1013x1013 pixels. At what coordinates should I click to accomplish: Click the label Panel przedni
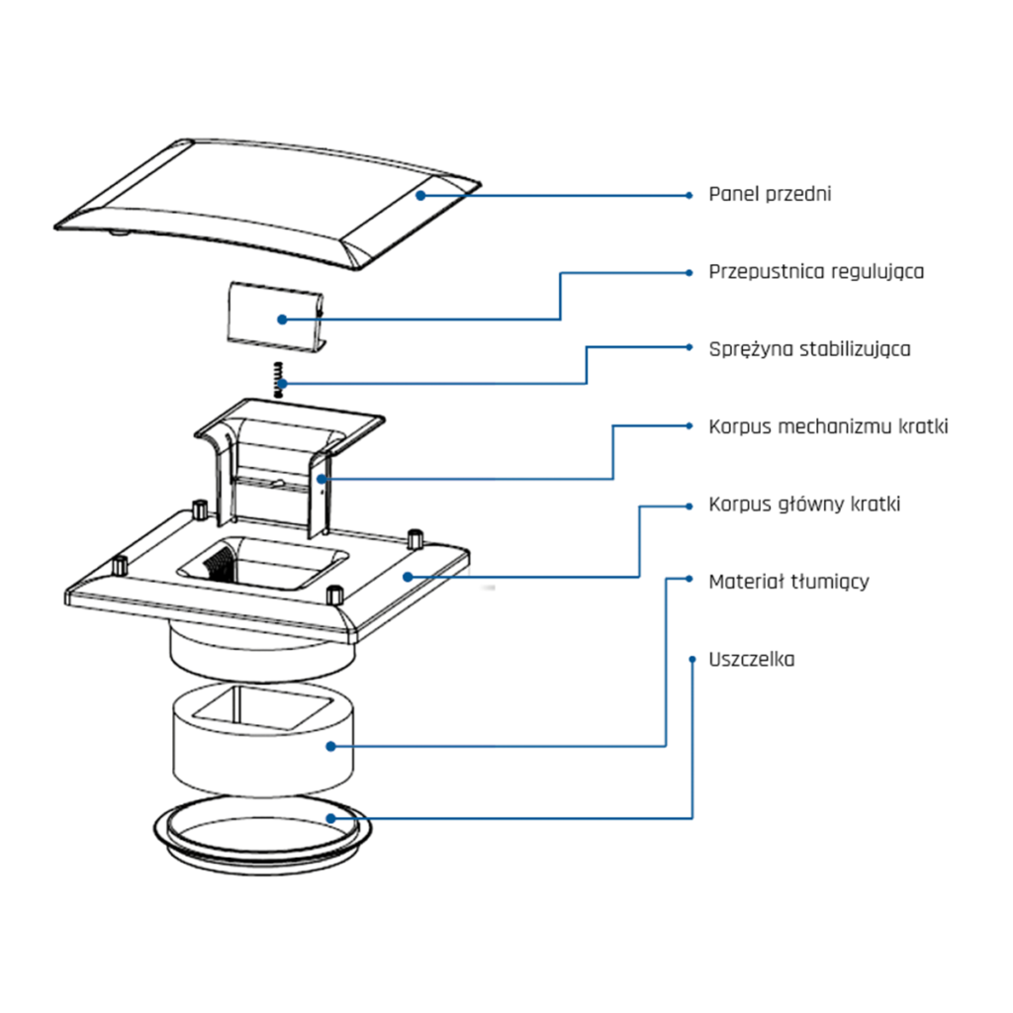[770, 194]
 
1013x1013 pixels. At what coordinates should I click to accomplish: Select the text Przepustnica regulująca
[816, 271]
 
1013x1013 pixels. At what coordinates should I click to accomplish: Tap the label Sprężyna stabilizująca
[809, 349]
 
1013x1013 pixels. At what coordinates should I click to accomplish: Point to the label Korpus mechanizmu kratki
[828, 427]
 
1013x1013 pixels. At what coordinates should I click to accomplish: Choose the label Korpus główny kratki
[804, 505]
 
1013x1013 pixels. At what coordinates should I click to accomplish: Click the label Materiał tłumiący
[788, 582]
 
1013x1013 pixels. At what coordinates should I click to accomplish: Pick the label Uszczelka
[751, 660]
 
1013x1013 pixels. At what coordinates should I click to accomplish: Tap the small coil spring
[280, 380]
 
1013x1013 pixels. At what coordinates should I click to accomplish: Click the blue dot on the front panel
[420, 195]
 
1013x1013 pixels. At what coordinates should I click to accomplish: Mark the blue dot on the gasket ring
[331, 817]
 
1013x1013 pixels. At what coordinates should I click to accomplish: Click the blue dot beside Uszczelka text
[690, 658]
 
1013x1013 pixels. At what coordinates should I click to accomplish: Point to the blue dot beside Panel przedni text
[690, 195]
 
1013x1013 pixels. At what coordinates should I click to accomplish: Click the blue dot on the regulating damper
[282, 319]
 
